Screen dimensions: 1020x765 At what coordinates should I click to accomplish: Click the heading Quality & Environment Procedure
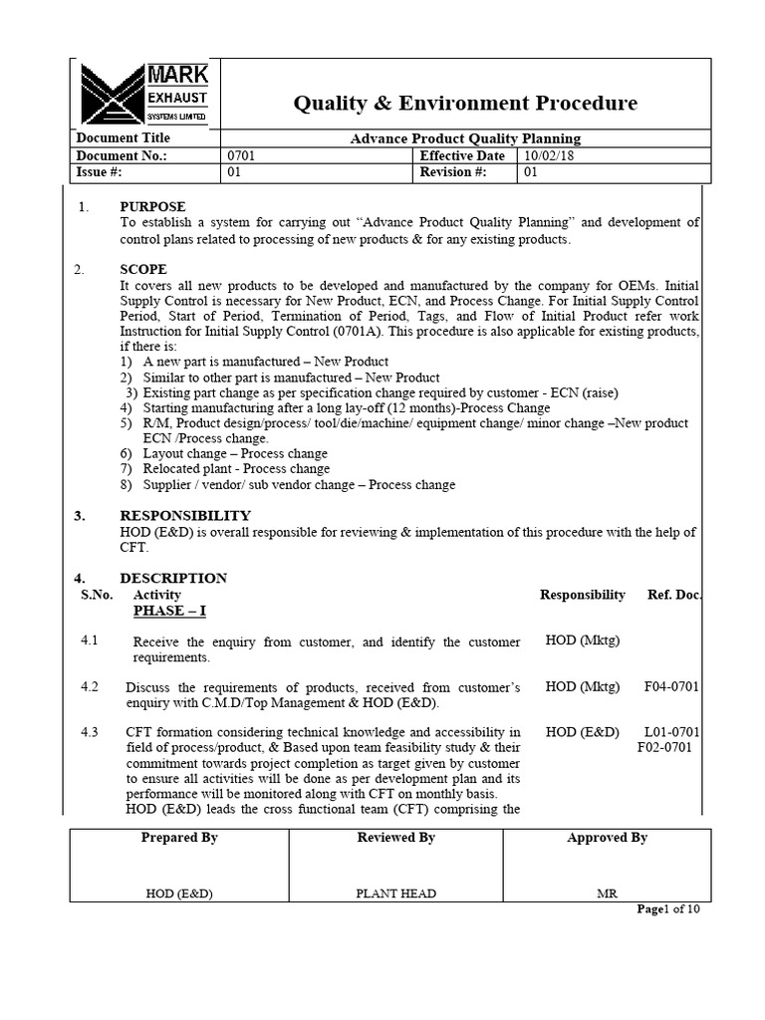(464, 104)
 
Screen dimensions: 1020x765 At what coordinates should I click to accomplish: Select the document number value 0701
(243, 156)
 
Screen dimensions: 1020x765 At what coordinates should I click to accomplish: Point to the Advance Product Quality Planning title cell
(465, 138)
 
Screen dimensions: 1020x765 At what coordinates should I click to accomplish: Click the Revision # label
(452, 172)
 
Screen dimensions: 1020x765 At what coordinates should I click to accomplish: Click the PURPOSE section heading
(152, 206)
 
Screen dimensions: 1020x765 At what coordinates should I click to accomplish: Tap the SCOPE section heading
(143, 270)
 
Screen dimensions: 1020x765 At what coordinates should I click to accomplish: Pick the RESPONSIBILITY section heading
(185, 515)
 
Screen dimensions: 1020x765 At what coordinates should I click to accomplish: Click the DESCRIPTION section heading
(173, 578)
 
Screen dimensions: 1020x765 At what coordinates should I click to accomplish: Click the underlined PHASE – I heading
(169, 611)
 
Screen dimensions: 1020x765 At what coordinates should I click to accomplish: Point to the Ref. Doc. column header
(674, 595)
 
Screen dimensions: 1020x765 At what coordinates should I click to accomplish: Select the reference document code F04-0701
(672, 687)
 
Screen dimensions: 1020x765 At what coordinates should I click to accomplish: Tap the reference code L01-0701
(672, 732)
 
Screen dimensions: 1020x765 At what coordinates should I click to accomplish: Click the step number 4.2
(90, 686)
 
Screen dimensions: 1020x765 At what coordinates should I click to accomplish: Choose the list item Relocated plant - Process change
(236, 469)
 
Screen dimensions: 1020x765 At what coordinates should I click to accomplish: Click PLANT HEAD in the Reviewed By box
(395, 893)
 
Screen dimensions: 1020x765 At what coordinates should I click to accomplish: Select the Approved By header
(607, 838)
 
